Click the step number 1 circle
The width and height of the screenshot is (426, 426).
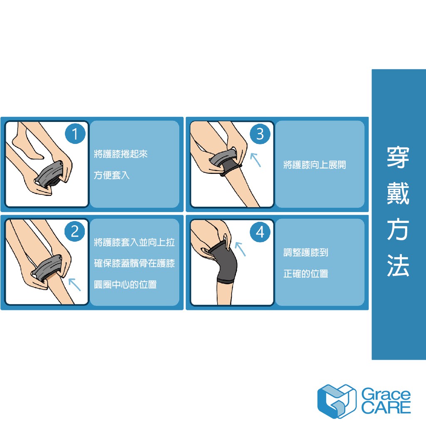pyautogui.click(x=75, y=134)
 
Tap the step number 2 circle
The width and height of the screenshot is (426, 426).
pyautogui.click(x=75, y=231)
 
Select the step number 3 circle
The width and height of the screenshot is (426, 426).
pyautogui.click(x=260, y=134)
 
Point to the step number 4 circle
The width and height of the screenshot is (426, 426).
pyautogui.click(x=260, y=232)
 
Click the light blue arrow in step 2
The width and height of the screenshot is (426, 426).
pyautogui.click(x=74, y=285)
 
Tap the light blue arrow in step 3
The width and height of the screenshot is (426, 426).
pyautogui.click(x=255, y=160)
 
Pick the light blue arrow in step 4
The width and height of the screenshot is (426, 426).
pyautogui.click(x=240, y=249)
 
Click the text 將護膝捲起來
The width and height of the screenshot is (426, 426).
pyautogui.click(x=121, y=154)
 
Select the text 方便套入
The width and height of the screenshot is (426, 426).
pyautogui.click(x=111, y=175)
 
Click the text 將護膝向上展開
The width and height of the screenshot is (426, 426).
pyautogui.click(x=315, y=165)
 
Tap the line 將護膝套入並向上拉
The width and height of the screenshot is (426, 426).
pyautogui.click(x=134, y=242)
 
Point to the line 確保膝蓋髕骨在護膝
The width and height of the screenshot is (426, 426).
pyautogui.click(x=134, y=263)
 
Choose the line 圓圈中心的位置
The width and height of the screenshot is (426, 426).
pyautogui.click(x=125, y=285)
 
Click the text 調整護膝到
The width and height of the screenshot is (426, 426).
pyautogui.click(x=306, y=253)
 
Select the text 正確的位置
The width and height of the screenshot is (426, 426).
pyautogui.click(x=306, y=274)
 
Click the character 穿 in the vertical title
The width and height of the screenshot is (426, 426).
pyautogui.click(x=398, y=157)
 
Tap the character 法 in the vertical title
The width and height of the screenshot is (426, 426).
pyautogui.click(x=398, y=265)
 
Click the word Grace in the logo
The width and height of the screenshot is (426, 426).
pyautogui.click(x=386, y=395)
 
